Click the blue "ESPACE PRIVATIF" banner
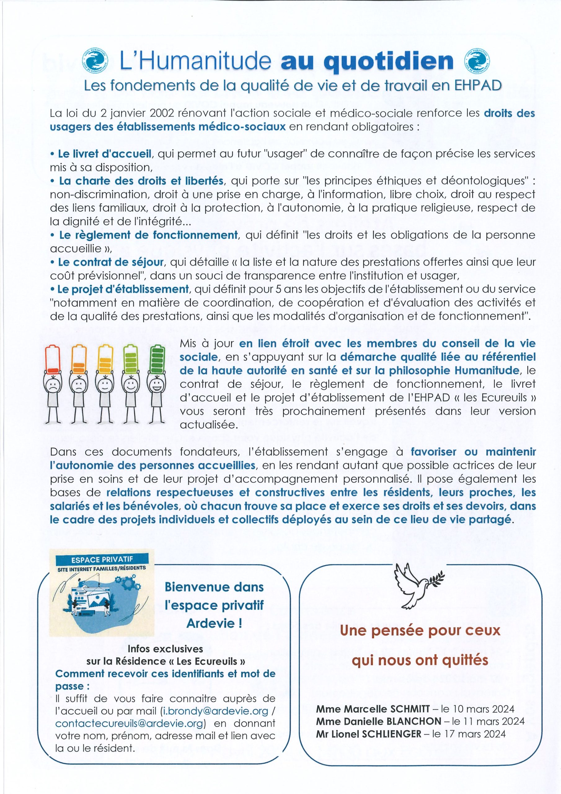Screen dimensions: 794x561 coord(102,559)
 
